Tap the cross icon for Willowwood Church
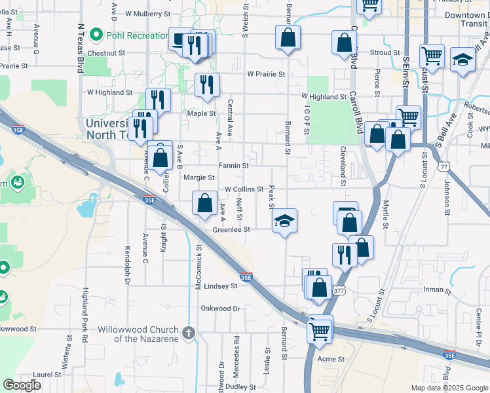189,333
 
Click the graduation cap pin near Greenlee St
284,221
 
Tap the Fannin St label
234,166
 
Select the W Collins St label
244,189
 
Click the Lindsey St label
221,286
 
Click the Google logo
22,385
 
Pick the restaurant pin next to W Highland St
158,99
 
